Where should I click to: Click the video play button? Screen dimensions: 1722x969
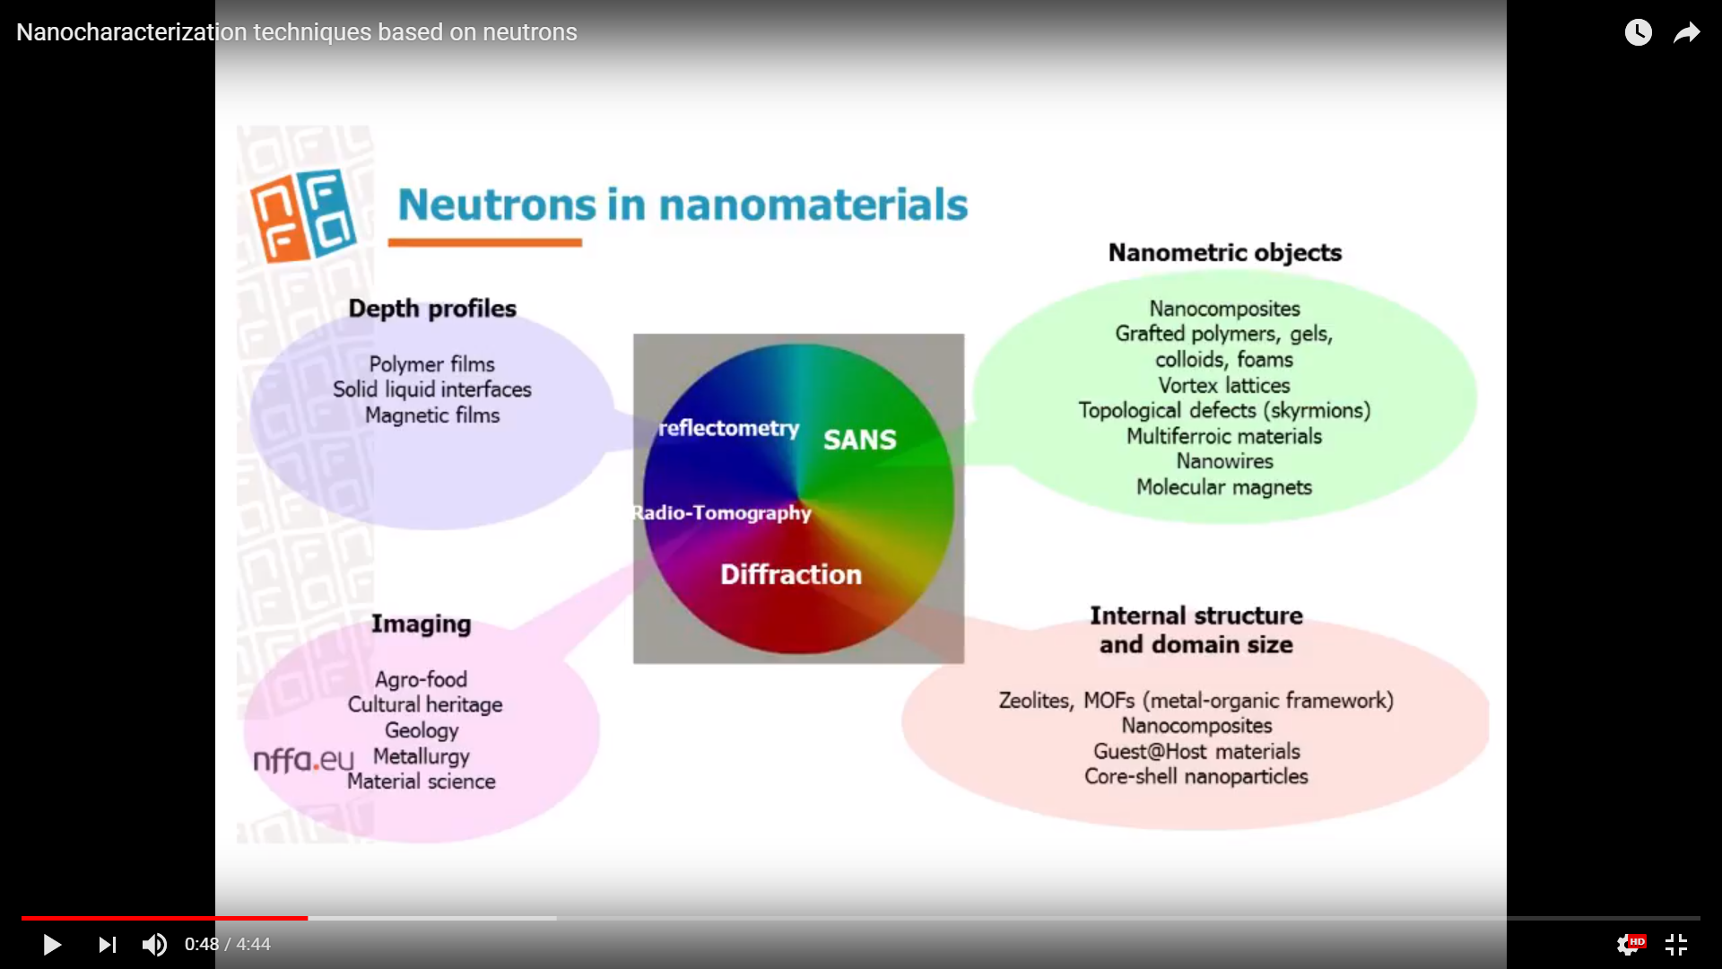[x=52, y=945]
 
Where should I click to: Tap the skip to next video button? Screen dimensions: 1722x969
[x=108, y=945]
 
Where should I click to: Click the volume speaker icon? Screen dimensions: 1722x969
[x=154, y=945]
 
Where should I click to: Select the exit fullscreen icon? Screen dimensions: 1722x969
[x=1676, y=945]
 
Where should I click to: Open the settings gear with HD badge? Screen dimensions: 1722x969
[x=1630, y=945]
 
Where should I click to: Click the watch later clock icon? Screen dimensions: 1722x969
[x=1638, y=32]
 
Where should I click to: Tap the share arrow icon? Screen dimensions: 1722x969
[x=1687, y=32]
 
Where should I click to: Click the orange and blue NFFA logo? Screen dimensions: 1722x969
[x=303, y=215]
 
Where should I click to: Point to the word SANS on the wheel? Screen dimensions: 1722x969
[x=859, y=440]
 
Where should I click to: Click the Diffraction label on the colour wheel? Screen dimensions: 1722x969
[x=791, y=574]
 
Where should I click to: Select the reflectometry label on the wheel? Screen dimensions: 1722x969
[x=729, y=428]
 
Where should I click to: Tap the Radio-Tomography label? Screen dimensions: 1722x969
[x=722, y=512]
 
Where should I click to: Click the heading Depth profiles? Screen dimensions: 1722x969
[x=432, y=309]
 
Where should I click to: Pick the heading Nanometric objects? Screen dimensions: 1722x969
[x=1225, y=253]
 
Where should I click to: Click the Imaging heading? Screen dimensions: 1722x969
[x=422, y=624]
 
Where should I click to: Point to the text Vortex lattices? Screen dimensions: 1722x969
[x=1224, y=385]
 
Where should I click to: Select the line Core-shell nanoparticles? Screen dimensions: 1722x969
[x=1196, y=776]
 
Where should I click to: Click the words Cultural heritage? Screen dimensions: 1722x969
[x=425, y=704]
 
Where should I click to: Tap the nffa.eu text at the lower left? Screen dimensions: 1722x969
[x=304, y=760]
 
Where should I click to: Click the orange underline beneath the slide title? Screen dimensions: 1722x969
[x=485, y=242]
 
